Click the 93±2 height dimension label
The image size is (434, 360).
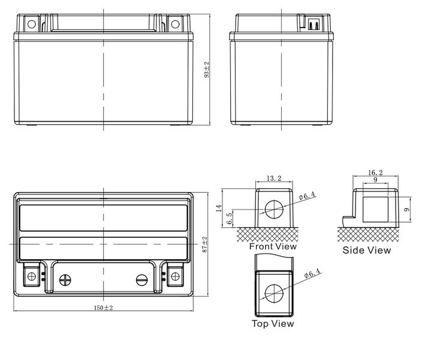click(206, 70)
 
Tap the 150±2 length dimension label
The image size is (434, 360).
click(104, 308)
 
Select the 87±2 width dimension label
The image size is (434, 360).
click(204, 244)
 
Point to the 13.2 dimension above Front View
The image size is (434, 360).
click(274, 178)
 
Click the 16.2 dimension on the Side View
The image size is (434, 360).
click(375, 173)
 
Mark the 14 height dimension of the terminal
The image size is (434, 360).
click(219, 208)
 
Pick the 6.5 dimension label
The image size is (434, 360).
click(229, 218)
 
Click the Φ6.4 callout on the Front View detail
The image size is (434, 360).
click(308, 196)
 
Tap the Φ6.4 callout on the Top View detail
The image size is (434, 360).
click(312, 273)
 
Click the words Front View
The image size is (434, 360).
click(273, 247)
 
